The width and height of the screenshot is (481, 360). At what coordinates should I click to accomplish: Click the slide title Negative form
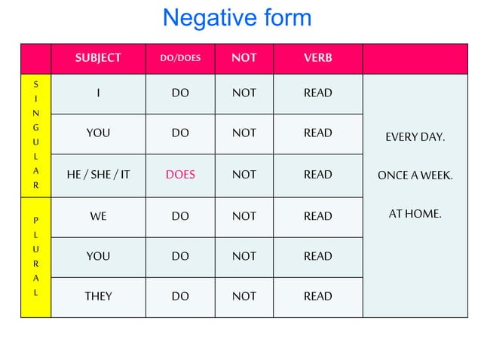pyautogui.click(x=237, y=18)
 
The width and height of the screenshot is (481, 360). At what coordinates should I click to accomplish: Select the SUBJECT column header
pyautogui.click(x=98, y=58)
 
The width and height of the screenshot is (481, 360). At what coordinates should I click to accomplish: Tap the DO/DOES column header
pyautogui.click(x=180, y=58)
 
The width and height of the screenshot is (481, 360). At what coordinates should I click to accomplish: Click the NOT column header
pyautogui.click(x=244, y=58)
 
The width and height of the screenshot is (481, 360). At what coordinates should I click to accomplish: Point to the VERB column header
pyautogui.click(x=317, y=58)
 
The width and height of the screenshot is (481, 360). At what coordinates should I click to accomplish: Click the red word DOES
pyautogui.click(x=180, y=175)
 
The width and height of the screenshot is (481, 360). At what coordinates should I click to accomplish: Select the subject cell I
pyautogui.click(x=98, y=93)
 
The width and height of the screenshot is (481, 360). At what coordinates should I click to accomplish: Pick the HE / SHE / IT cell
pyautogui.click(x=98, y=175)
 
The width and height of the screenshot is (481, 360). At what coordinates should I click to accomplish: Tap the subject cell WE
pyautogui.click(x=98, y=216)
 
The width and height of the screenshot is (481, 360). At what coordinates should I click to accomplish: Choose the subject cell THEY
pyautogui.click(x=98, y=296)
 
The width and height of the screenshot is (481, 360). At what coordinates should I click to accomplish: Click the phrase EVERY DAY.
pyautogui.click(x=415, y=138)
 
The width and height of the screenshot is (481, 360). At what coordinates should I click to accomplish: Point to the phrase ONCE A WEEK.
pyautogui.click(x=415, y=175)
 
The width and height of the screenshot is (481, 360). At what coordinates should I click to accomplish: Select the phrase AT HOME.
pyautogui.click(x=415, y=214)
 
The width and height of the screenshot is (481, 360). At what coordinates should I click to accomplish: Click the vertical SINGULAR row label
pyautogui.click(x=35, y=134)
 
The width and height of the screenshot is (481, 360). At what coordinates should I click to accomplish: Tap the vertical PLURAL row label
pyautogui.click(x=35, y=256)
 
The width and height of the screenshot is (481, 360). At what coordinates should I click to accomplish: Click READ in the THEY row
pyautogui.click(x=317, y=296)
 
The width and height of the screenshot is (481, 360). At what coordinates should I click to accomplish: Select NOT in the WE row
pyautogui.click(x=244, y=216)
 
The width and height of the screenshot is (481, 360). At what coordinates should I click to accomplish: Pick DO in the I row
pyautogui.click(x=180, y=93)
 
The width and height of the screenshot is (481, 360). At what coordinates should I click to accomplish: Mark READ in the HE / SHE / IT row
pyautogui.click(x=317, y=175)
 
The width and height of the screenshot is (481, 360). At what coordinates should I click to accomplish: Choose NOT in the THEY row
pyautogui.click(x=244, y=296)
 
